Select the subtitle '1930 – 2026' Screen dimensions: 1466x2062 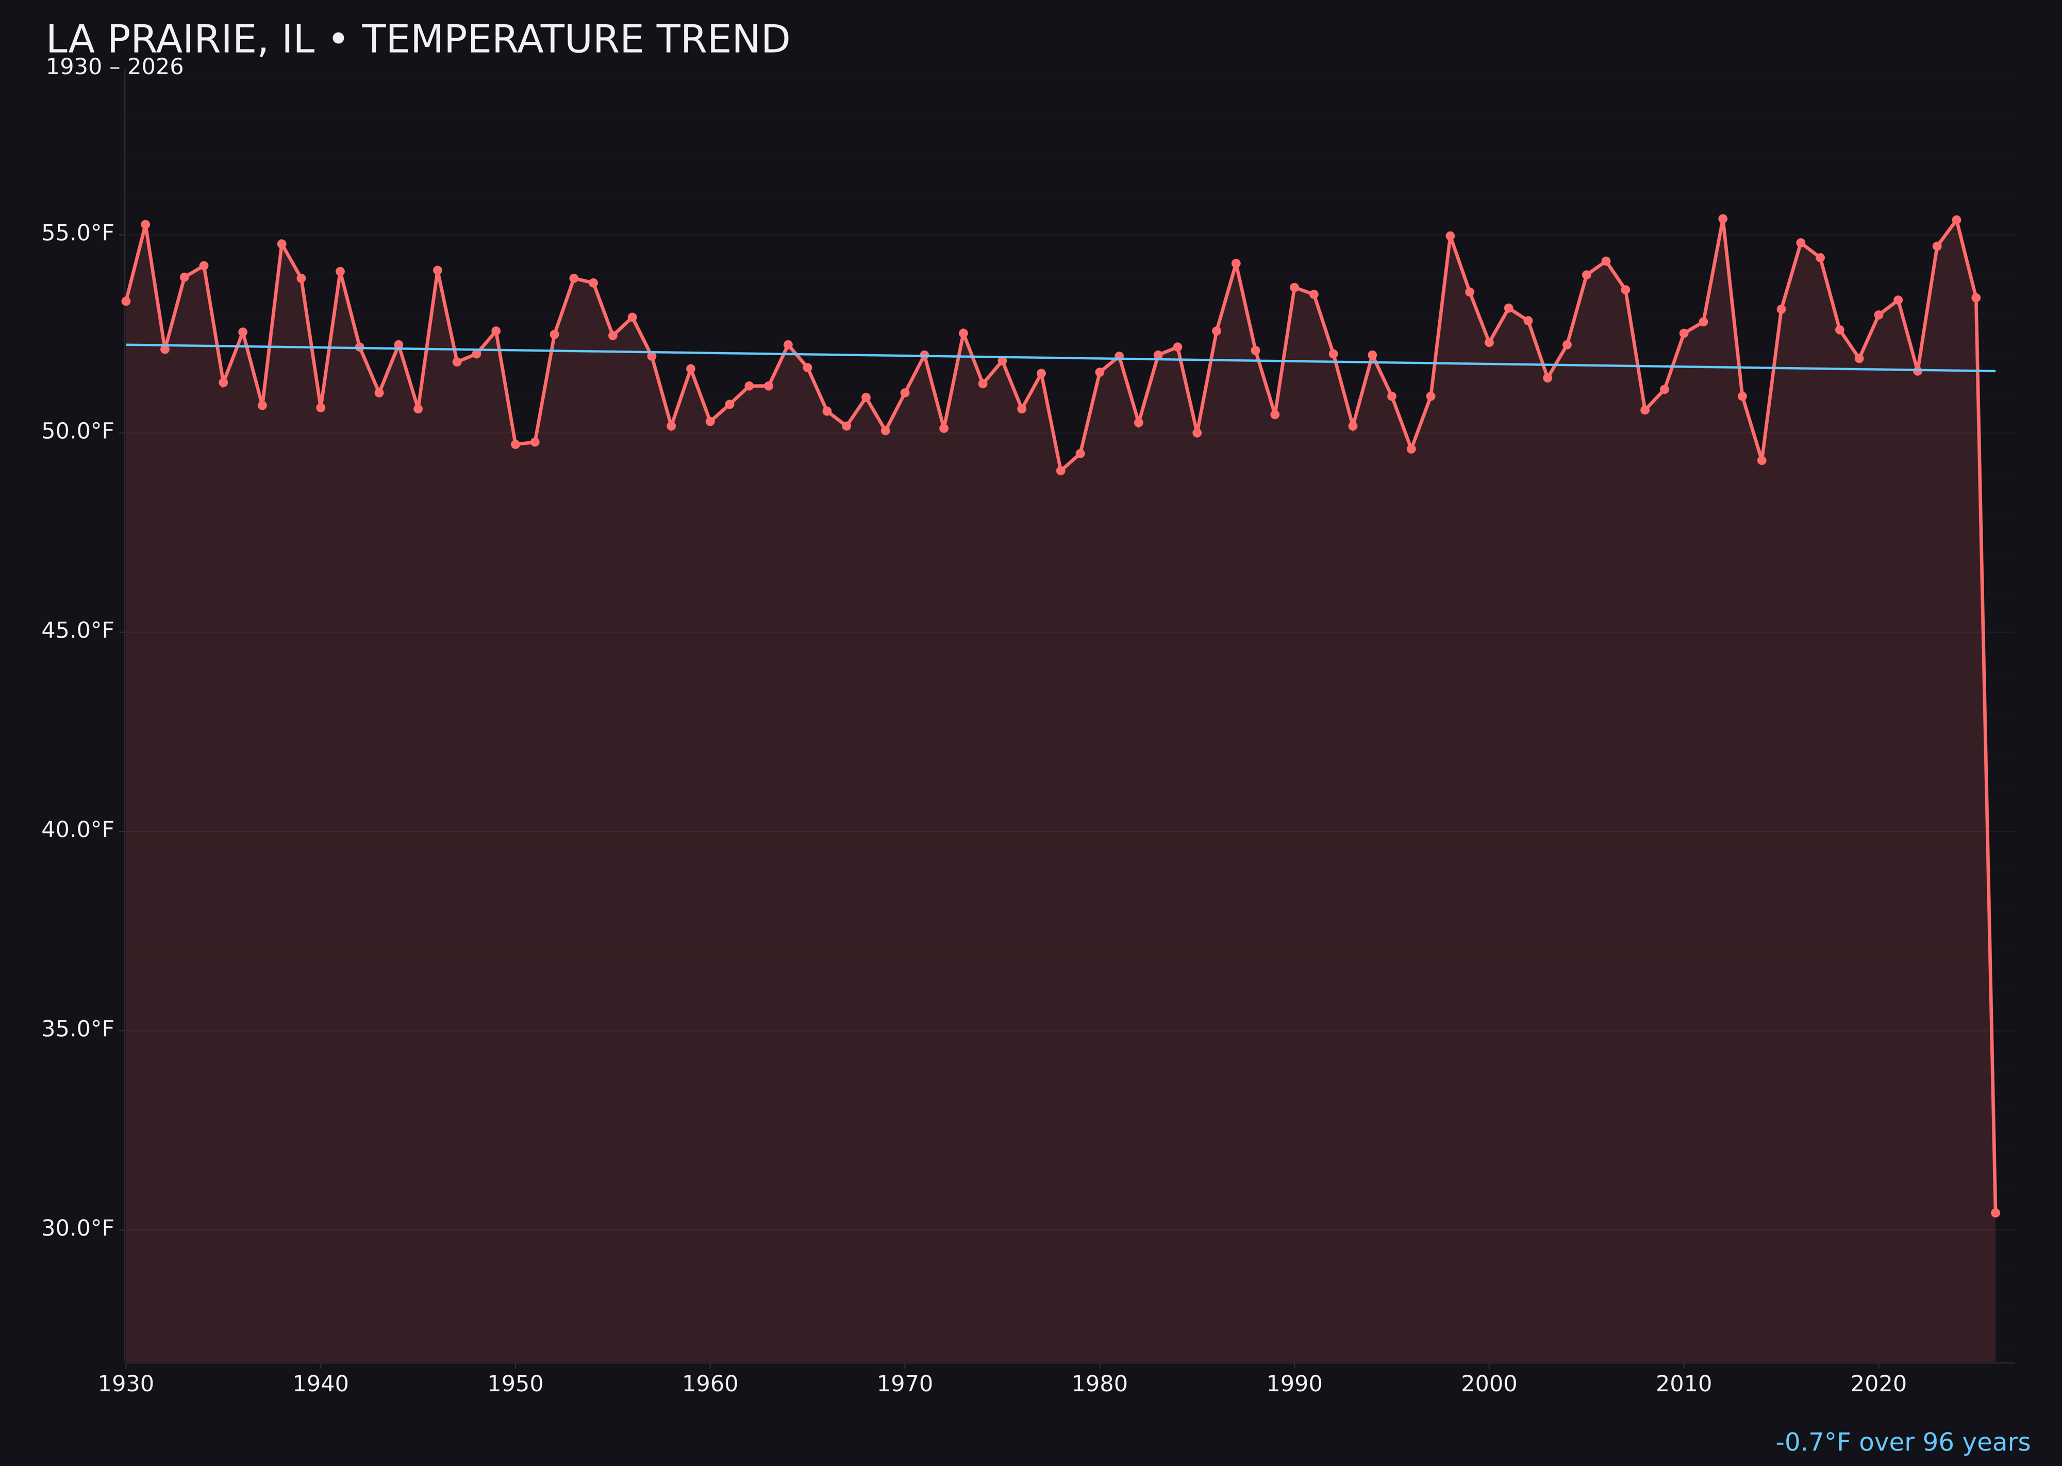pyautogui.click(x=114, y=68)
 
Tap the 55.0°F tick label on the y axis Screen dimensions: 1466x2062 pyautogui.click(x=78, y=234)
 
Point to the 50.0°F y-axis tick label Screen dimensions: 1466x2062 pyautogui.click(x=78, y=431)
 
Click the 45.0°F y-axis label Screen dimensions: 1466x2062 pyautogui.click(x=78, y=630)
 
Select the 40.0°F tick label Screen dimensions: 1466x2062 pyautogui.click(x=78, y=829)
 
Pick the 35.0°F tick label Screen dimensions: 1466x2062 pyautogui.click(x=78, y=1029)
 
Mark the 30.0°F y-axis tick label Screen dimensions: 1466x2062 pyautogui.click(x=78, y=1228)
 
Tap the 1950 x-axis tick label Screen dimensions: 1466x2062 pyautogui.click(x=515, y=1384)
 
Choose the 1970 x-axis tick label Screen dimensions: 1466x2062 pyautogui.click(x=905, y=1384)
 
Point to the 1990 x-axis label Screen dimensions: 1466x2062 pyautogui.click(x=1294, y=1384)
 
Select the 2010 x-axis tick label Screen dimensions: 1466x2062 pyautogui.click(x=1684, y=1384)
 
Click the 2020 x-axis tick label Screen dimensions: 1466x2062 pyautogui.click(x=1878, y=1384)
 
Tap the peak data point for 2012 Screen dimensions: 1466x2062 pyautogui.click(x=1723, y=219)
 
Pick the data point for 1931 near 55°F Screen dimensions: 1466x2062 pyautogui.click(x=145, y=224)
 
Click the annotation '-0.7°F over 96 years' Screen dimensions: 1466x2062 pyautogui.click(x=1902, y=1442)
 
